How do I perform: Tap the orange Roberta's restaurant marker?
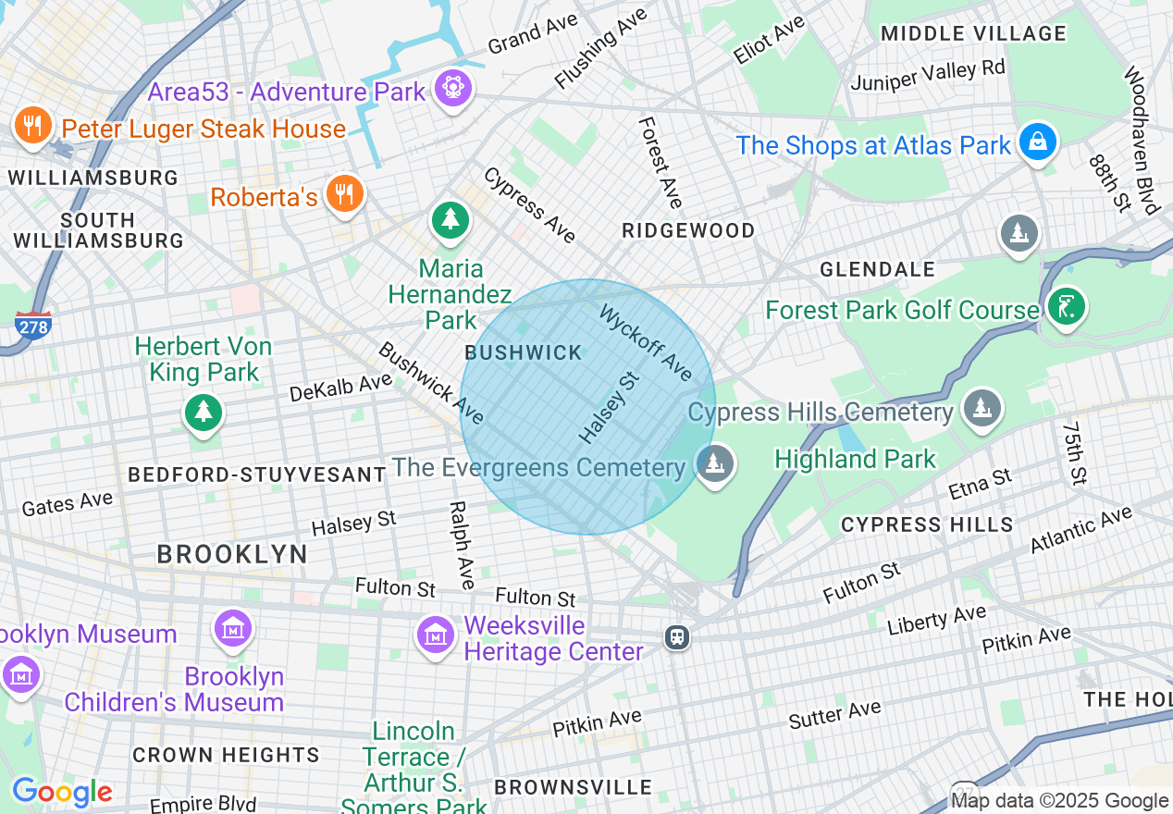tap(344, 193)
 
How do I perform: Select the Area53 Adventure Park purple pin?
tap(452, 89)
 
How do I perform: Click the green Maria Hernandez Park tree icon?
tap(450, 219)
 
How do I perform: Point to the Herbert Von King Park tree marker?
tap(203, 412)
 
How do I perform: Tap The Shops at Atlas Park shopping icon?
tap(1038, 142)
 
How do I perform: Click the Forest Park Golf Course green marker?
tap(1066, 306)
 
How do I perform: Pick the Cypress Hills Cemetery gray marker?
tap(981, 408)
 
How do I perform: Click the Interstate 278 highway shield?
tap(32, 325)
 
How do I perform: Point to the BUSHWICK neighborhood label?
tap(524, 352)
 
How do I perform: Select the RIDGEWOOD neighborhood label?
tap(688, 230)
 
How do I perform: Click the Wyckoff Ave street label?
tap(646, 342)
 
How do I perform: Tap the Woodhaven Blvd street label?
tap(1142, 139)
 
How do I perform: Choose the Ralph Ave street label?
tap(460, 546)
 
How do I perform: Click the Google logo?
tap(62, 792)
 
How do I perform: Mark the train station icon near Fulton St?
tap(677, 636)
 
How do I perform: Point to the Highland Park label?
tap(855, 459)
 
